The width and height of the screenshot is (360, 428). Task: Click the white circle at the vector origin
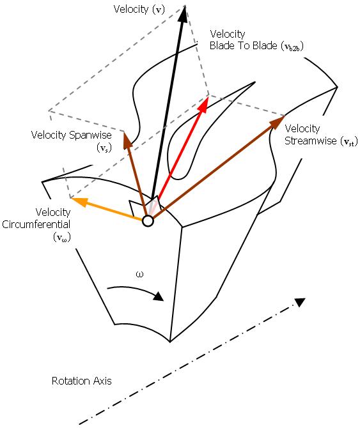tap(148, 221)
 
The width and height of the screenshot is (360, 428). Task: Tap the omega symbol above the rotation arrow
tap(141, 275)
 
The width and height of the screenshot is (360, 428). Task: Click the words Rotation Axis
tap(81, 381)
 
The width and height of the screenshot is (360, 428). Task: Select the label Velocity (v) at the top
tap(137, 10)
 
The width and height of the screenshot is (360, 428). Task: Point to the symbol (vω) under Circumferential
tap(62, 237)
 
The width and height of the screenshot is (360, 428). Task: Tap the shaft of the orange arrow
tap(113, 211)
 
